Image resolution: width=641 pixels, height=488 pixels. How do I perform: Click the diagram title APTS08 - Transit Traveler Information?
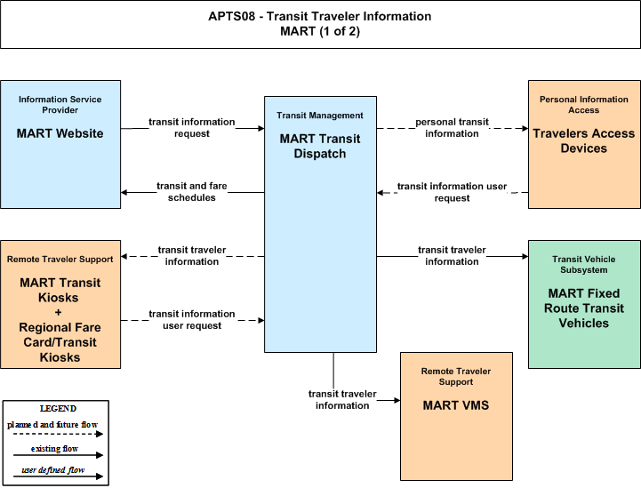click(320, 16)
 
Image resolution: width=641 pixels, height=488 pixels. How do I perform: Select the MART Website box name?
click(60, 133)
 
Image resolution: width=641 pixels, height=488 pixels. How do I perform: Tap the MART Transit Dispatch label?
click(320, 147)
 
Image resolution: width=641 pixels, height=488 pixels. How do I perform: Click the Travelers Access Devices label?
click(584, 140)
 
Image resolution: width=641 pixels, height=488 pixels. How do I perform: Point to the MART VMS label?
click(456, 405)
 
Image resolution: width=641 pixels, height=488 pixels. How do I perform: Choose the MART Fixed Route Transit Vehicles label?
click(584, 308)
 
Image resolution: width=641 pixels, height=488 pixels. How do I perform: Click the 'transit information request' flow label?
click(192, 128)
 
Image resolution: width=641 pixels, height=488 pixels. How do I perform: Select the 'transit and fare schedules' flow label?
click(192, 192)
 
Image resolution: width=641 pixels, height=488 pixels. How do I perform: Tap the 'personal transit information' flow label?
click(452, 128)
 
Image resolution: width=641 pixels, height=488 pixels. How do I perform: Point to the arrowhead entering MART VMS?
click(397, 401)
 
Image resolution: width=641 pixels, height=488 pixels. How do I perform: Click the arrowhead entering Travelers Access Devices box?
click(525, 128)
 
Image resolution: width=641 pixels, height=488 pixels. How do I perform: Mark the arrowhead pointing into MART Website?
click(124, 193)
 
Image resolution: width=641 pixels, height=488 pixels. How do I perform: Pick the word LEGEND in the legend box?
click(58, 409)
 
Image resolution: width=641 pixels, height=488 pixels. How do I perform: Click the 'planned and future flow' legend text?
click(52, 425)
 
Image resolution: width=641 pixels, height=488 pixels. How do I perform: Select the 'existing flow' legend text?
click(54, 449)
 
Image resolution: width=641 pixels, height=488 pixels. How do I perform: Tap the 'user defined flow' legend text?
click(53, 470)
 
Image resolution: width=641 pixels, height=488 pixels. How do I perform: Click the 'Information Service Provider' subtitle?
click(60, 105)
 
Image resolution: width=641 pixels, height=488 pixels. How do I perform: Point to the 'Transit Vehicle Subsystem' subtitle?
click(584, 264)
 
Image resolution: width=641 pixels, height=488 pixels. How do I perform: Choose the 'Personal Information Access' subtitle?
click(584, 105)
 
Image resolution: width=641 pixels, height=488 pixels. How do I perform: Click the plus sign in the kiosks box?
click(58, 313)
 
